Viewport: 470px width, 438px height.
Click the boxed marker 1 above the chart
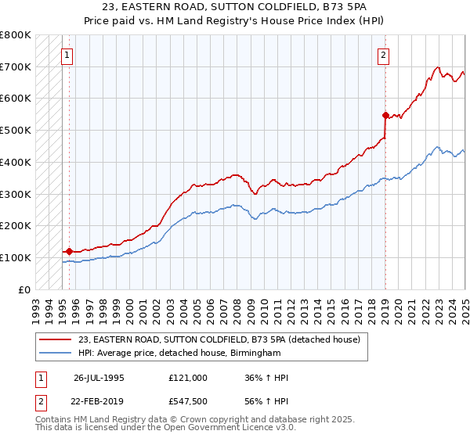[x=68, y=56]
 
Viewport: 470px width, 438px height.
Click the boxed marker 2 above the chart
[x=384, y=56]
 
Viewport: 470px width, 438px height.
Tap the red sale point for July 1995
[x=69, y=251]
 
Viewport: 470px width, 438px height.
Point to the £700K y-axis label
[x=16, y=66]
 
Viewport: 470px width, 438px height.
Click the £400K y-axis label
[x=16, y=162]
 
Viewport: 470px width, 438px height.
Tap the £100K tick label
[x=16, y=257]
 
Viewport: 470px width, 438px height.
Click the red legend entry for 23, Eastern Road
[x=219, y=339]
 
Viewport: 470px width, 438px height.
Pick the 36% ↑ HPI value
[x=266, y=378]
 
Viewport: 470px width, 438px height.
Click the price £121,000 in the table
[x=187, y=378]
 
